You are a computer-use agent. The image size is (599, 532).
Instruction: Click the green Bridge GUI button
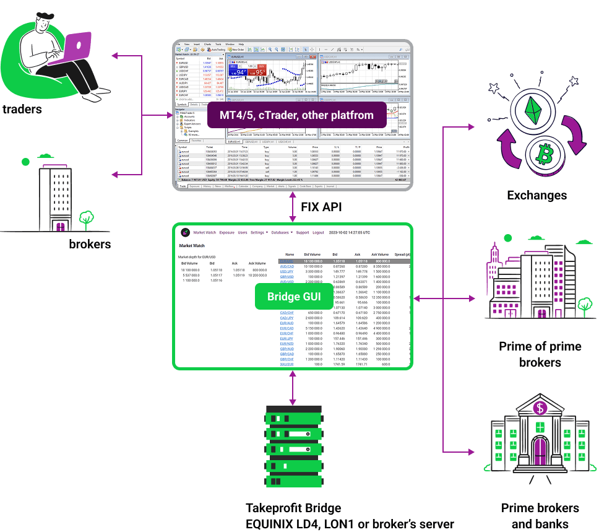[x=294, y=297]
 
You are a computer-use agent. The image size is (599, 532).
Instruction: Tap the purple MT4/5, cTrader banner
[x=296, y=115]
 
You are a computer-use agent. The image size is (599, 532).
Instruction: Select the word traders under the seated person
[x=22, y=110]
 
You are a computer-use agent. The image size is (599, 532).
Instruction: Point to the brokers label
[x=90, y=244]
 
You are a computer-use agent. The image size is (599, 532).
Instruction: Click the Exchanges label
[x=537, y=195]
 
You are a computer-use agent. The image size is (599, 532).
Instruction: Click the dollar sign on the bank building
[x=540, y=408]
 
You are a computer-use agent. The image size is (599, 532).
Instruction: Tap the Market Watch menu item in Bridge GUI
[x=205, y=233]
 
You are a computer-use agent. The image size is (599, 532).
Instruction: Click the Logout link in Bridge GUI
[x=318, y=233]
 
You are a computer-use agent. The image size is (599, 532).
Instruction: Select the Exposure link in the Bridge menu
[x=227, y=233]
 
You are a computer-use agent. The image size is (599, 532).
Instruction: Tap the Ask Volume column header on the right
[x=379, y=255]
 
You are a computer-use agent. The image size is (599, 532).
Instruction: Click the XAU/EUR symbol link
[x=287, y=364]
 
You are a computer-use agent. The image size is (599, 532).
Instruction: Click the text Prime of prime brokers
[x=540, y=354]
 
